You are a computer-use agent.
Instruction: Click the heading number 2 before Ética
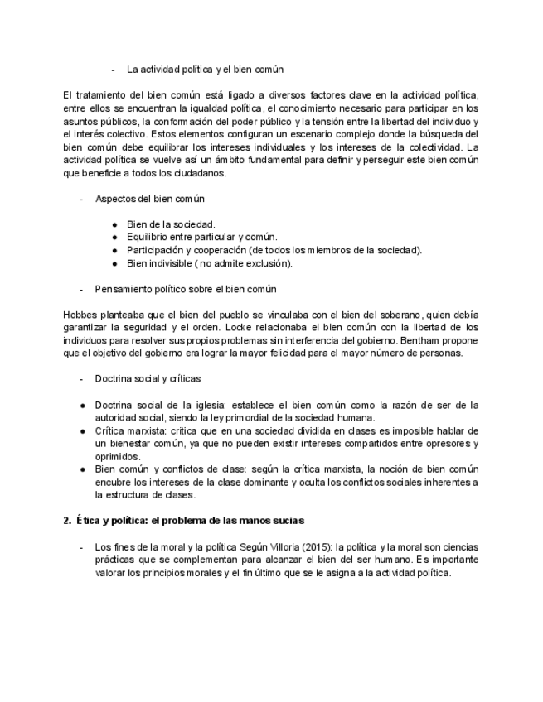(66, 521)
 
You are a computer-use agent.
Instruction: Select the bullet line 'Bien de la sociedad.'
(170, 224)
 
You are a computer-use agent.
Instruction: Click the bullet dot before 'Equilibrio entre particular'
(114, 238)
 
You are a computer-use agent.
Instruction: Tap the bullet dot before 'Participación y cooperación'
(114, 251)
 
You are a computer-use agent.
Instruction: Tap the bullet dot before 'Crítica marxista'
(83, 431)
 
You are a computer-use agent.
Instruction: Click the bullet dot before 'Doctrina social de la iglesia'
(83, 405)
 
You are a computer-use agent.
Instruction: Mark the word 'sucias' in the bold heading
(288, 521)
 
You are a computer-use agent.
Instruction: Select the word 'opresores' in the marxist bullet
(444, 445)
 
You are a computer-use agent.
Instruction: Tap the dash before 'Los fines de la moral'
(81, 547)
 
